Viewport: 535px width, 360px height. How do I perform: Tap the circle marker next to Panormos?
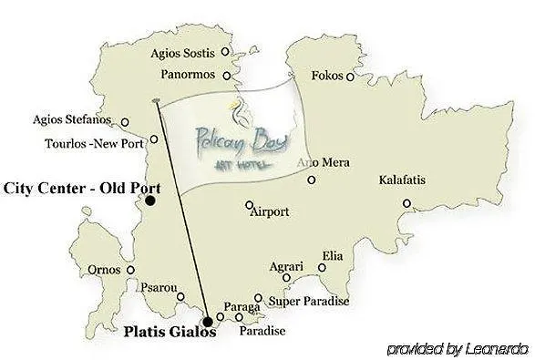click(226, 74)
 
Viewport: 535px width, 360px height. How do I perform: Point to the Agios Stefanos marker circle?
click(125, 122)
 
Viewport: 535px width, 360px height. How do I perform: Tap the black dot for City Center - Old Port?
click(150, 201)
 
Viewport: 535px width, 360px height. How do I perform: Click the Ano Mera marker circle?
click(312, 180)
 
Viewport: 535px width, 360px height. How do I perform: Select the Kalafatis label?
click(402, 180)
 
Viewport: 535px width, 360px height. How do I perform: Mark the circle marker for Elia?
click(323, 267)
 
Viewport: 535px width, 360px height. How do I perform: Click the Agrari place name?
click(285, 267)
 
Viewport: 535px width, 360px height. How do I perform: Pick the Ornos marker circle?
click(131, 270)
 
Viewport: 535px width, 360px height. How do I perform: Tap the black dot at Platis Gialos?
click(208, 321)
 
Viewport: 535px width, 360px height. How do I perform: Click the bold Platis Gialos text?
click(170, 333)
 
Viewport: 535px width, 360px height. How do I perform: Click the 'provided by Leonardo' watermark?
click(458, 348)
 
